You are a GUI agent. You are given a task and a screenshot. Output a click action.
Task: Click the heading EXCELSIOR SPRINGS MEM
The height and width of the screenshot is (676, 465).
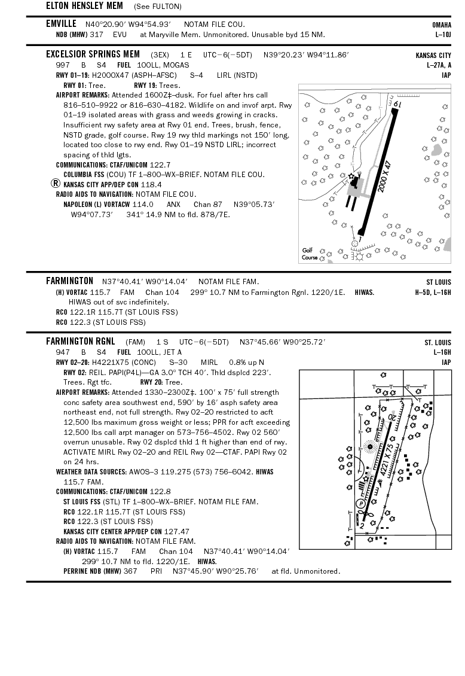[93, 54]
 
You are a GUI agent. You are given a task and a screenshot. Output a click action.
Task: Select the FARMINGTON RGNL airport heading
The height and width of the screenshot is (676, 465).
[80, 342]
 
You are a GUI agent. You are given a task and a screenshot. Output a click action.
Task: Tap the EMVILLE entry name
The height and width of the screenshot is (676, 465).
[61, 24]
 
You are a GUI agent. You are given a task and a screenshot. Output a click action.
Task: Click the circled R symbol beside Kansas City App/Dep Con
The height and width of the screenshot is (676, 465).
[56, 184]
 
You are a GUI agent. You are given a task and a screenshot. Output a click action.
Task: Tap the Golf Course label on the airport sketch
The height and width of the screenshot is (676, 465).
[310, 254]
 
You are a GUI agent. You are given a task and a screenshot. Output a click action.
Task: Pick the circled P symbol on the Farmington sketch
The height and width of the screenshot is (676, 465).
[360, 504]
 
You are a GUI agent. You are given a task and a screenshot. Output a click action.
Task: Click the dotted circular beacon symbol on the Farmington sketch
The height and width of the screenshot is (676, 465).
[369, 446]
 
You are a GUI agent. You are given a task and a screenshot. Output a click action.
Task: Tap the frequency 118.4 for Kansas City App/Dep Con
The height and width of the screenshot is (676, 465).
[151, 184]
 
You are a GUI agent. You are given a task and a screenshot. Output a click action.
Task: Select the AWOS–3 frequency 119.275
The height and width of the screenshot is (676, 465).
[167, 472]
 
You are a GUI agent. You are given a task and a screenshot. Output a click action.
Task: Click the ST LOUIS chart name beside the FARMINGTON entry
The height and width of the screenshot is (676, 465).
[438, 282]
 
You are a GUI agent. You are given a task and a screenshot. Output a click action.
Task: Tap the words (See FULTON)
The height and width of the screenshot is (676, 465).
[157, 7]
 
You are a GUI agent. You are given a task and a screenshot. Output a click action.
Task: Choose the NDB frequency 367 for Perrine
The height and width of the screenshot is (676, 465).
[130, 571]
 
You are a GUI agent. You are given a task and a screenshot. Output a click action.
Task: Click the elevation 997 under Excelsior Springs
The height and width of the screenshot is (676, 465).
[63, 65]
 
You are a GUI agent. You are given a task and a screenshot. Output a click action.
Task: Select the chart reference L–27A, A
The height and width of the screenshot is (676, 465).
[439, 65]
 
